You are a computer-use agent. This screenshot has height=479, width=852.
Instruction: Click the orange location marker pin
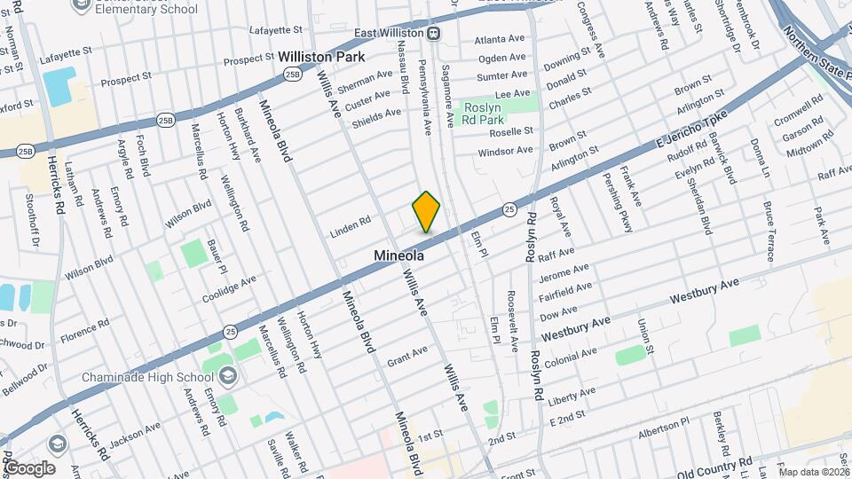tap(426, 211)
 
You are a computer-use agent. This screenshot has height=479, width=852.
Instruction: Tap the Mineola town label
tap(398, 255)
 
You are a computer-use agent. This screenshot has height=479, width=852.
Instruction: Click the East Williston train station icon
tap(434, 34)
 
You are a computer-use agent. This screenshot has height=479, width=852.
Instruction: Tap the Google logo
tap(29, 467)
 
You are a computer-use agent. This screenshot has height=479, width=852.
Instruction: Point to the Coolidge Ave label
tap(229, 287)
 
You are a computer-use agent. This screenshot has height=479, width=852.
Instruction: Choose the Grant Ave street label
tap(407, 356)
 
